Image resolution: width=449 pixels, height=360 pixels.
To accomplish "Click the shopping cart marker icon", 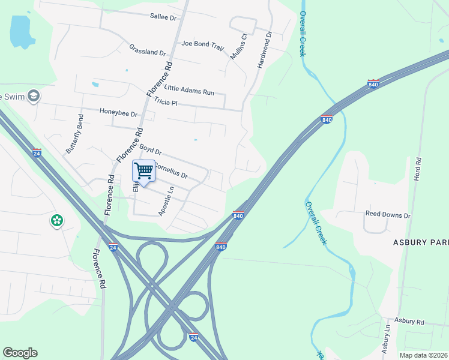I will click(x=143, y=172).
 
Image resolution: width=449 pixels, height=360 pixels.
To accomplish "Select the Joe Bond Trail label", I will click(x=202, y=43).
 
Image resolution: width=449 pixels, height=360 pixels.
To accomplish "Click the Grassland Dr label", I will click(x=147, y=49).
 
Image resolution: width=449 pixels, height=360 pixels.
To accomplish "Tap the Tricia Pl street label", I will click(x=166, y=102).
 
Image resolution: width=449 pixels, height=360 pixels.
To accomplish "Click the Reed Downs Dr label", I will click(x=388, y=214).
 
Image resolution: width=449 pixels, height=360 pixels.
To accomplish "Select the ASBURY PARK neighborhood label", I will click(x=421, y=242).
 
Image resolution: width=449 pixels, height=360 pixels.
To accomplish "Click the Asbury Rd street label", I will click(x=409, y=322).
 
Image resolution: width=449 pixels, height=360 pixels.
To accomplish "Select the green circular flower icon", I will click(x=57, y=221).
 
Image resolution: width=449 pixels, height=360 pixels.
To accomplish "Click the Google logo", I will click(x=20, y=353).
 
